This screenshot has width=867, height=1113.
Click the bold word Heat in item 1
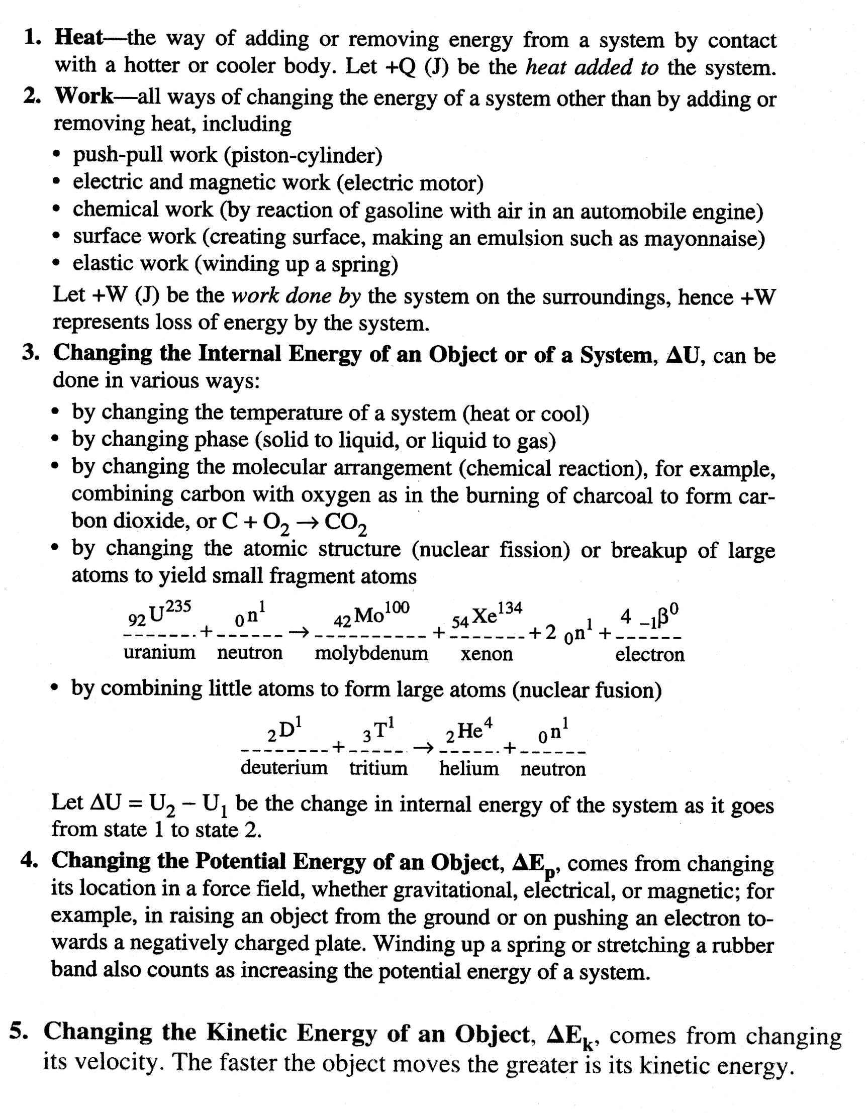[78, 38]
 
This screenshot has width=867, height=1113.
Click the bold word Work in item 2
[83, 96]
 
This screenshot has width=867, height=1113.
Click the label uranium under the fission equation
[159, 652]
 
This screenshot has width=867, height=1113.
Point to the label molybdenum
[371, 653]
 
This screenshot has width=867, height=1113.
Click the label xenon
[486, 654]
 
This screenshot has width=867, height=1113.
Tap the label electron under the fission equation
[649, 654]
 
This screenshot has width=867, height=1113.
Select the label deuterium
[284, 767]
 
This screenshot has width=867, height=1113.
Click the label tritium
[378, 768]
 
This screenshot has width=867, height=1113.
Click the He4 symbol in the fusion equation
[468, 731]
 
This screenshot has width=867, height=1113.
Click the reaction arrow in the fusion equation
[424, 748]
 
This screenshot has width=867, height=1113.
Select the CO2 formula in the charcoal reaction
[345, 523]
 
